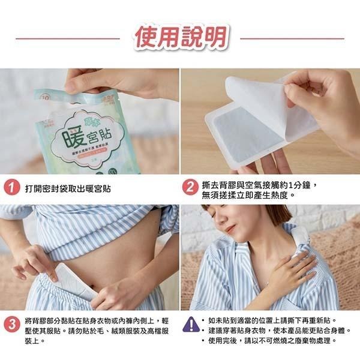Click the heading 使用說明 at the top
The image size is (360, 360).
click(180, 38)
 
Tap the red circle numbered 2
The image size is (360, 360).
click(190, 188)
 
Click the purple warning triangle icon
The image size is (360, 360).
click(190, 325)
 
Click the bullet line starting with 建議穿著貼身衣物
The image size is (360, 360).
click(280, 331)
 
